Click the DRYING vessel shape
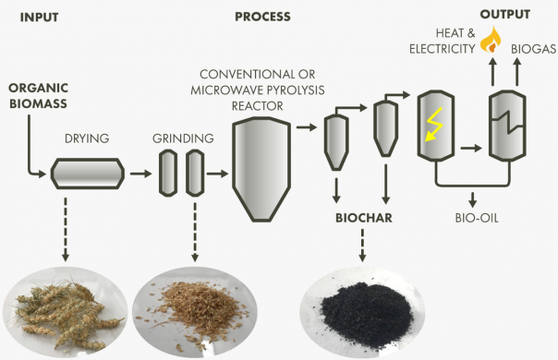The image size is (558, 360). [87, 173]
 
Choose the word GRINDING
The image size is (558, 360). [182, 139]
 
